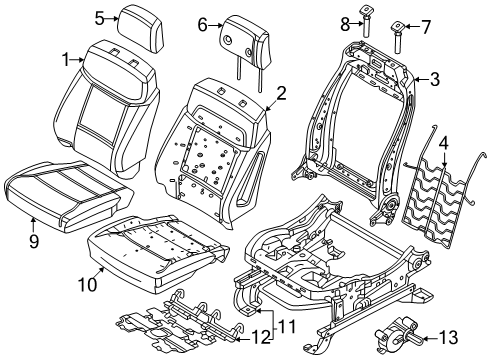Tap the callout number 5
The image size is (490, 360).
[99, 17]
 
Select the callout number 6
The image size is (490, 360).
[202, 24]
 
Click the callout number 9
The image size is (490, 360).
[34, 239]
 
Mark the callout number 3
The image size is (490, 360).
[434, 76]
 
